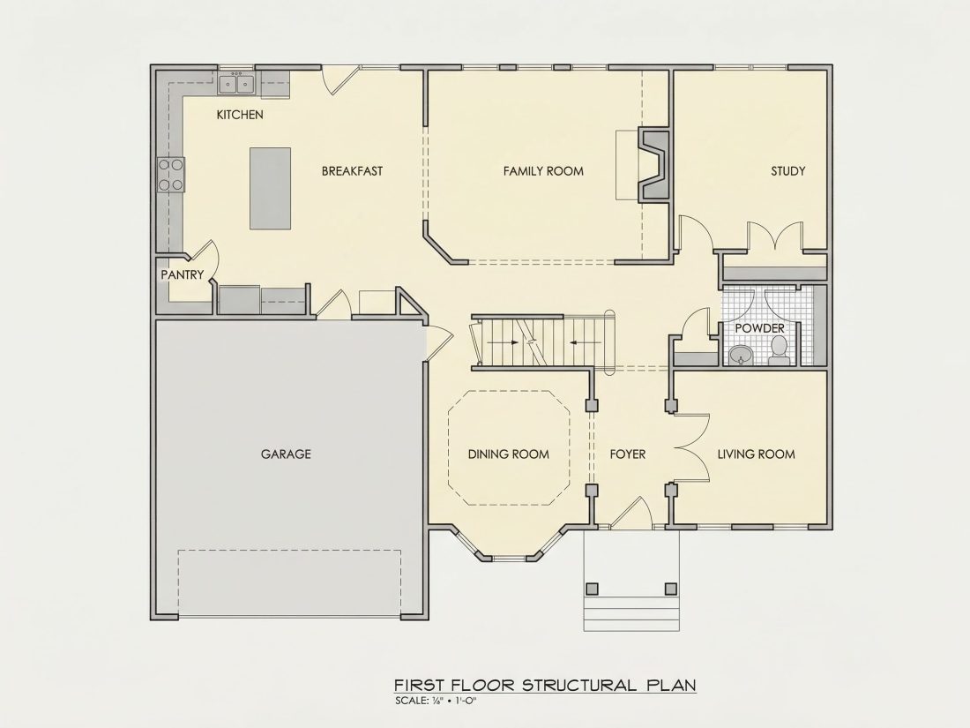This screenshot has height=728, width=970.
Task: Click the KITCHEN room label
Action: [239, 115]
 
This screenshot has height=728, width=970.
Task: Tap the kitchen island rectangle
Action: [271, 188]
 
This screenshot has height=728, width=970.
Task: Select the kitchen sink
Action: [236, 84]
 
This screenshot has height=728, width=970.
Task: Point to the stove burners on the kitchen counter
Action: [171, 175]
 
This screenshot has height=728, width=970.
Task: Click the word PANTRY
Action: [182, 274]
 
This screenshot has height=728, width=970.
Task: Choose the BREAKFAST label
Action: [352, 171]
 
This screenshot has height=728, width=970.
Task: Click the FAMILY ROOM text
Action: [543, 171]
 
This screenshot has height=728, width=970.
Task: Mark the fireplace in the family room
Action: [653, 165]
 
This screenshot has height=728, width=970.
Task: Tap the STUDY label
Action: [787, 171]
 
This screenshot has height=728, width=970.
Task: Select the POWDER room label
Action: [759, 328]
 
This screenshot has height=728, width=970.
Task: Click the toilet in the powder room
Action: [779, 350]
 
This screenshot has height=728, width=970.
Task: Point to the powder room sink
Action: [741, 356]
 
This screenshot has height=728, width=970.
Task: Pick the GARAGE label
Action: [286, 454]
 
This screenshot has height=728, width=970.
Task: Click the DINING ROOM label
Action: [509, 454]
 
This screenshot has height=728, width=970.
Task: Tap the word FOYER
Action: [627, 454]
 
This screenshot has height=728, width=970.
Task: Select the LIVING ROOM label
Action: [756, 454]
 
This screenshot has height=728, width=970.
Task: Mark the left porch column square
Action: [592, 588]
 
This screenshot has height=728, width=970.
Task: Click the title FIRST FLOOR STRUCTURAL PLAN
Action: [545, 685]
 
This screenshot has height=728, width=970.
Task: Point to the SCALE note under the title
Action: [436, 701]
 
